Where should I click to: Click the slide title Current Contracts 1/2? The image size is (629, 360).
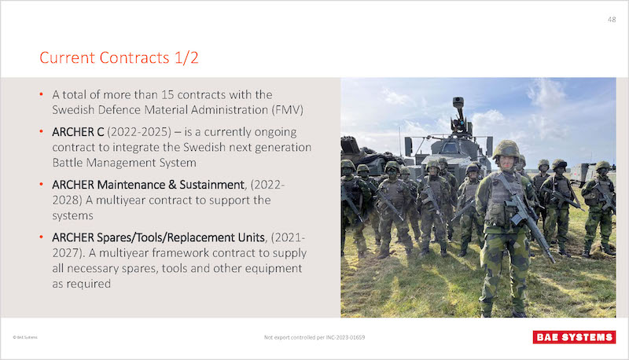point(119,57)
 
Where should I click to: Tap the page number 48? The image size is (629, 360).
point(612,19)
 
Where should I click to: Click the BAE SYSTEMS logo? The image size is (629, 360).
point(574,337)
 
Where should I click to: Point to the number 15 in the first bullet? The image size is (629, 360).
point(167,94)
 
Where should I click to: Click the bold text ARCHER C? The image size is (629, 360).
point(78,132)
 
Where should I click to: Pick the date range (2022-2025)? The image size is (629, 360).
point(139,132)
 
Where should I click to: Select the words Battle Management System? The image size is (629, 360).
point(124,163)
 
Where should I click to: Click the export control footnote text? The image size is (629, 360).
point(314,337)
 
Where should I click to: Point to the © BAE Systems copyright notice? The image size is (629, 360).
point(25,337)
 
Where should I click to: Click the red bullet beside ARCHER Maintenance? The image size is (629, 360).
point(42,185)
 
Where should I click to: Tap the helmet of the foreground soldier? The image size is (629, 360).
point(506,149)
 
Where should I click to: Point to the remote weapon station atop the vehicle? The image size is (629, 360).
point(460,116)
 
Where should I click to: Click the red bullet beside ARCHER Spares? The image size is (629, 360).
point(42,237)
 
